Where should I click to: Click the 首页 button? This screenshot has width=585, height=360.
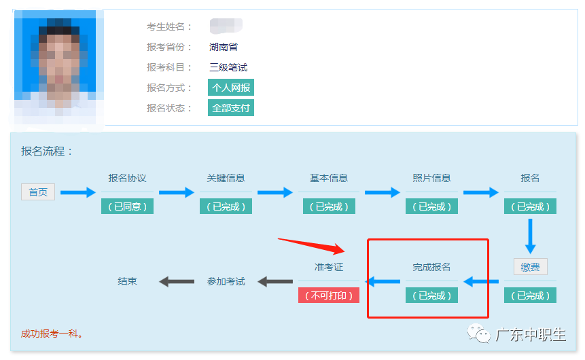coord(38,192)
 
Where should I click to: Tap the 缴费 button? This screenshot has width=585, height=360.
coord(530,267)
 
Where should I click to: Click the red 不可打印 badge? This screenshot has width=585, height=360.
coord(329,295)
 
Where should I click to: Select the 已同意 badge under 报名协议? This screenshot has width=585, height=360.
coord(127,206)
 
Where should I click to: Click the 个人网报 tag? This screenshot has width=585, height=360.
coord(231,88)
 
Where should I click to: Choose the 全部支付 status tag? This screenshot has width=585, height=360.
coord(231,108)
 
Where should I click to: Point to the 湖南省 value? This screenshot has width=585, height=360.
coord(224,47)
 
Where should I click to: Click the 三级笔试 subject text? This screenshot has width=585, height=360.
coord(228,67)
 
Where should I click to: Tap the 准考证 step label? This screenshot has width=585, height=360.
coord(329,267)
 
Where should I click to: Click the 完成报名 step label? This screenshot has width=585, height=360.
coord(431,267)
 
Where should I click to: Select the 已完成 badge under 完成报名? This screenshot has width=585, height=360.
coord(431,295)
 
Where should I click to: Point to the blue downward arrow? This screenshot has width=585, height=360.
coord(531,236)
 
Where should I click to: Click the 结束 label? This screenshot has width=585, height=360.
coord(127,281)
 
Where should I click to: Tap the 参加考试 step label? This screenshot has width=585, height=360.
coord(226,281)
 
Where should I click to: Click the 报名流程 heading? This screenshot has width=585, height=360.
coord(47,151)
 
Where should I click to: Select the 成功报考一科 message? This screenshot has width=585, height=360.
coord(52,334)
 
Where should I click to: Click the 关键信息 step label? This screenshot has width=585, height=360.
coord(226,178)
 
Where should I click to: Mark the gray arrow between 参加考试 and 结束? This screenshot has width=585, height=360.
coord(177,281)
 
